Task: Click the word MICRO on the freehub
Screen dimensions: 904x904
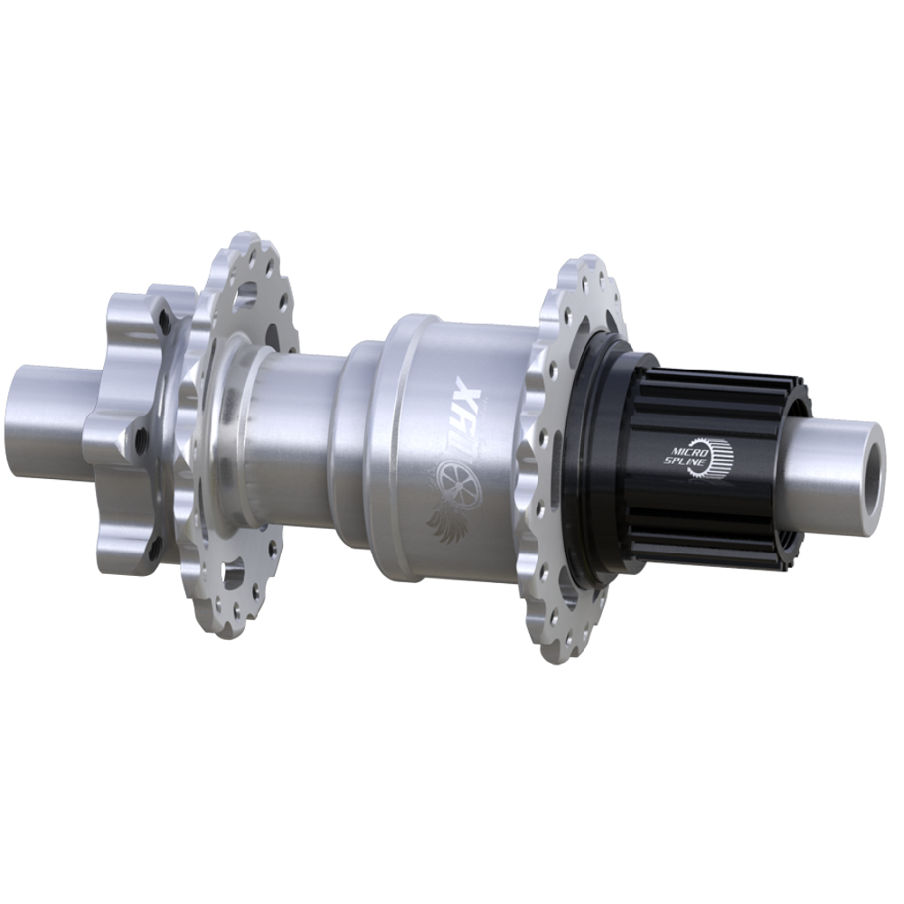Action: [683, 447]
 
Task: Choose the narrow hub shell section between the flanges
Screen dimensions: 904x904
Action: [298, 434]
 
